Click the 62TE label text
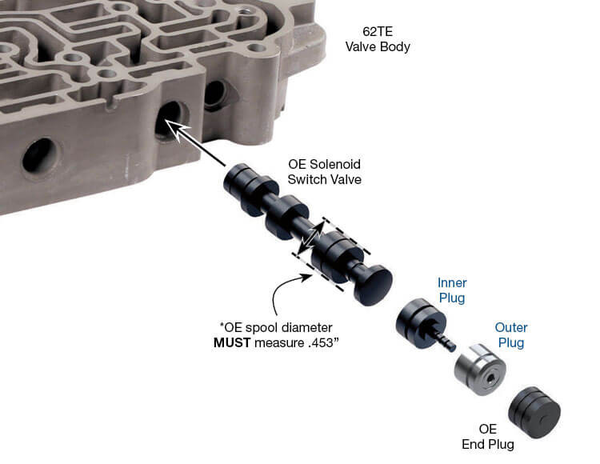tap(378, 31)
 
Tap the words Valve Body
tap(378, 46)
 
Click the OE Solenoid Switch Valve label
tap(325, 172)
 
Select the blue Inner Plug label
tap(452, 290)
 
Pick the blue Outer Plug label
tap(511, 335)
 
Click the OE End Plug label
tap(488, 437)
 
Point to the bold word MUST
tap(232, 342)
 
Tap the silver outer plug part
tap(480, 369)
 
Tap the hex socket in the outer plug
tap(490, 380)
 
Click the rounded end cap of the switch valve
tap(373, 285)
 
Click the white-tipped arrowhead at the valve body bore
tap(177, 129)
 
